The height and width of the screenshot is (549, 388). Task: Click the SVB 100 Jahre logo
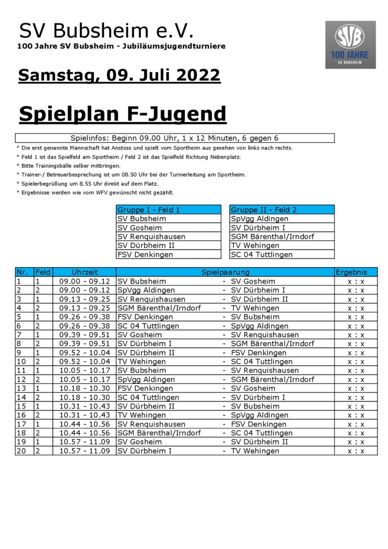[350, 44]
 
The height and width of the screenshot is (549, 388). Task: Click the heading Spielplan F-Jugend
[123, 114]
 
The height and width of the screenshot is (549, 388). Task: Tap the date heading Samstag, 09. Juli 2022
[119, 75]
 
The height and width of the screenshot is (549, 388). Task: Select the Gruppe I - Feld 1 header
[168, 210]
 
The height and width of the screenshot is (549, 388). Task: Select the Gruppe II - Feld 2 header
[282, 210]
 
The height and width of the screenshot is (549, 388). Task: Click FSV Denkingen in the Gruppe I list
[145, 255]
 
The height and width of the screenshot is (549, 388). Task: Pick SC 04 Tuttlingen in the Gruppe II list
[262, 255]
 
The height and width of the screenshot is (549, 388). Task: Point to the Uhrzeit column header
[85, 272]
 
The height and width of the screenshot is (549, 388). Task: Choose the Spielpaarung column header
[225, 272]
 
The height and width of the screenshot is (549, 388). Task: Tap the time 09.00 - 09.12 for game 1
[85, 281]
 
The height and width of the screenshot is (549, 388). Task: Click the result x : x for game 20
[355, 451]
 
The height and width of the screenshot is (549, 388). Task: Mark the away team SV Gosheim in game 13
[253, 388]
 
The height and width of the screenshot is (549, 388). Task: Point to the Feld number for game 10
[38, 361]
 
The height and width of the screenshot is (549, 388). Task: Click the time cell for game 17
[85, 424]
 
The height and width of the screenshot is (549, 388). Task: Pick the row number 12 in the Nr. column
[22, 380]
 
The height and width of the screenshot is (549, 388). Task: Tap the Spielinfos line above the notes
[175, 138]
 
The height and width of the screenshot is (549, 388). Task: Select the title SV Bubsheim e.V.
[106, 31]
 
